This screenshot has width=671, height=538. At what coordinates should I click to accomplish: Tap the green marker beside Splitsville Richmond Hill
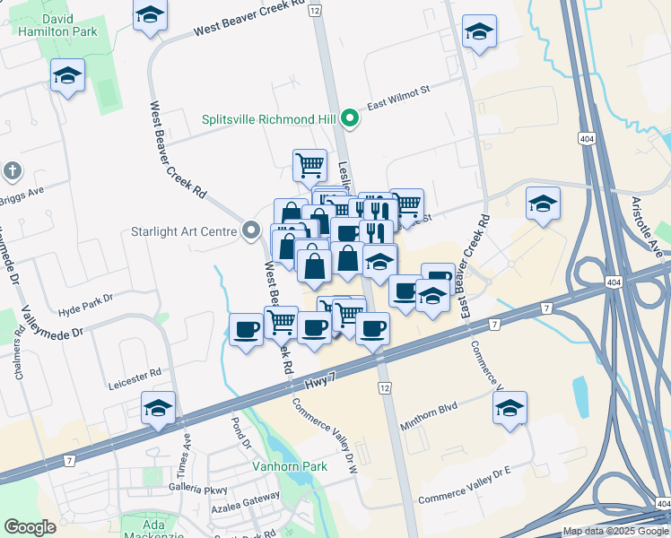point(353,118)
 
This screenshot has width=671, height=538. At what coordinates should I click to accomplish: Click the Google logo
point(30,527)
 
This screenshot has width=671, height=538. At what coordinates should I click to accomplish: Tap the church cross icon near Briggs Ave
point(12,170)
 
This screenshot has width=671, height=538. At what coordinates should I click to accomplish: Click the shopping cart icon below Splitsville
point(309,164)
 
